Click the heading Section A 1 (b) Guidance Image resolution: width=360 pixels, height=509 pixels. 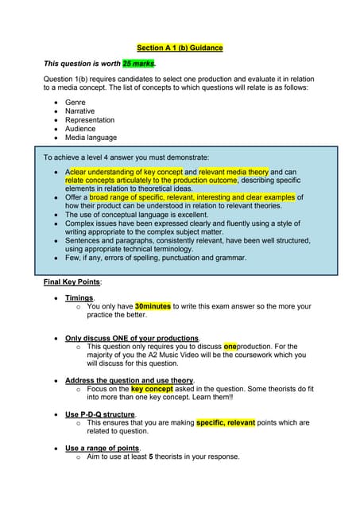pos(180,48)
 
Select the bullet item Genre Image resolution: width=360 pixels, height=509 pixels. pos(75,103)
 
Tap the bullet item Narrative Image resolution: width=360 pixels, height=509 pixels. pos(79,112)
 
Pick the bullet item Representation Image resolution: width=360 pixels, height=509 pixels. pos(91,121)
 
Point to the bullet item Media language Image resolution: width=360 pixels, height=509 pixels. pos(91,138)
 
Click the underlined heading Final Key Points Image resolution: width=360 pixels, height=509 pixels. pos(72,282)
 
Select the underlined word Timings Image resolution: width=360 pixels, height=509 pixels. pos(79,297)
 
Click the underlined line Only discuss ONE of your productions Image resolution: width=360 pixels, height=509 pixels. pos(132,338)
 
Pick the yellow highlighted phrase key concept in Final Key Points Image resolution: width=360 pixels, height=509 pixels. pos(152,389)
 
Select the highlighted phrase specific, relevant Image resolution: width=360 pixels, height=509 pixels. pos(225,423)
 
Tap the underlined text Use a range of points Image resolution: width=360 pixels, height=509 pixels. pos(102,449)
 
